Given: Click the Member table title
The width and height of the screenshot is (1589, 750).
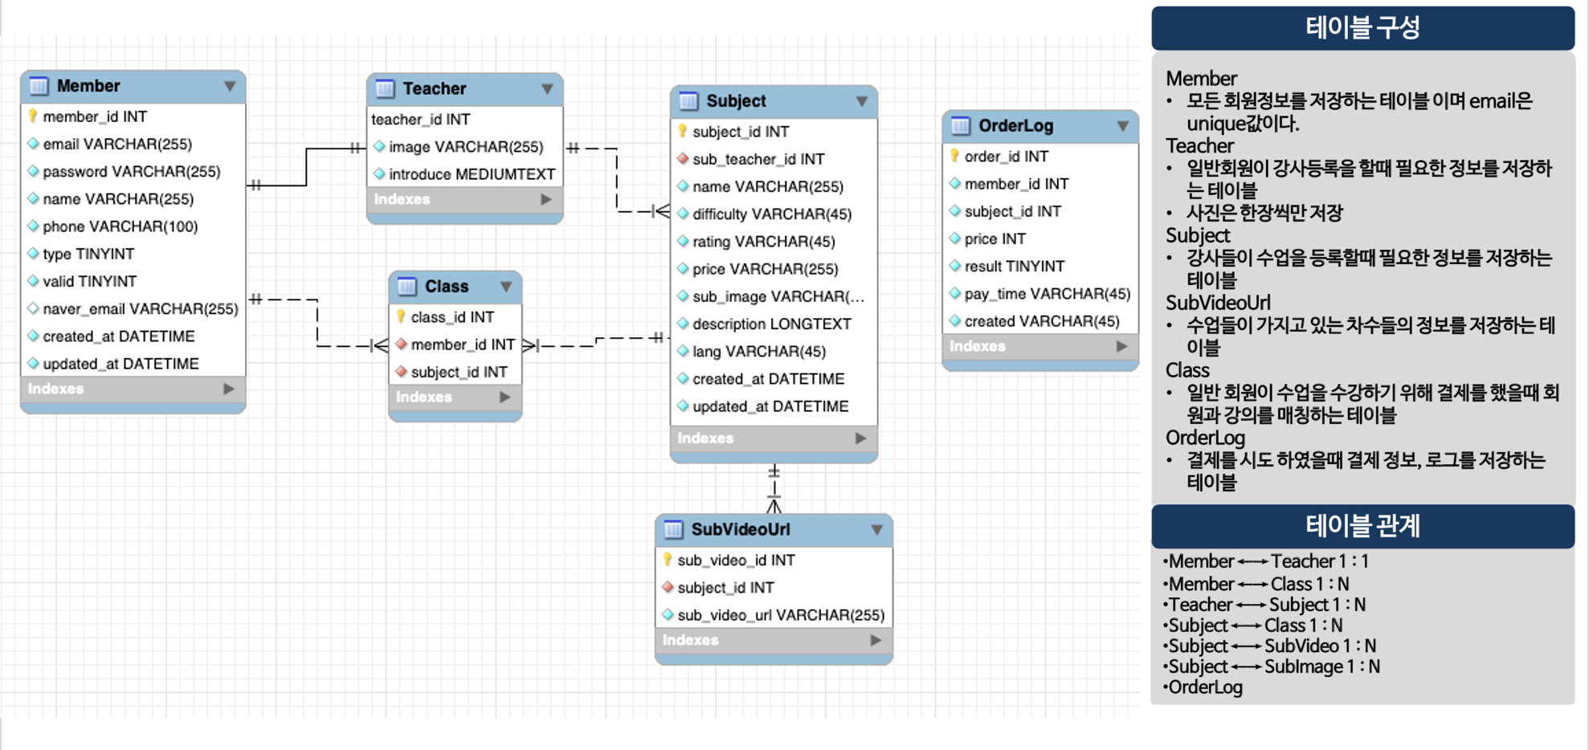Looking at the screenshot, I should [88, 86].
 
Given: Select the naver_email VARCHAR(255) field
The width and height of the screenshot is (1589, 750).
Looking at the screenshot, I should [140, 309].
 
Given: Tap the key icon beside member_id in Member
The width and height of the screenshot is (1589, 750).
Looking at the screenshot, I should [33, 116].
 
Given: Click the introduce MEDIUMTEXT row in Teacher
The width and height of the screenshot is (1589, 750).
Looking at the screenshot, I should [472, 174].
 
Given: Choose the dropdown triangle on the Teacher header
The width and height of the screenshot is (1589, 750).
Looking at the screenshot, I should [547, 89].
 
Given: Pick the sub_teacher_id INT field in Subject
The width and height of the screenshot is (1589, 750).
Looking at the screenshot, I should [758, 160].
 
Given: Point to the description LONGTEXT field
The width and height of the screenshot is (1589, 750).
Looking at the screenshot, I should [771, 324].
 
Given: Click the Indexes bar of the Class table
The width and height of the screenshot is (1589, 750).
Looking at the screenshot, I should [455, 397].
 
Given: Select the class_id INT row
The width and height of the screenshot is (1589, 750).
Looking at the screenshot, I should [452, 317].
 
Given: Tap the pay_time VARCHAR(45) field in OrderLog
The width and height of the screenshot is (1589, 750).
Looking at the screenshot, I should [1047, 294].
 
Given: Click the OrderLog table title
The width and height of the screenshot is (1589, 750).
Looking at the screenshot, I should [1015, 126].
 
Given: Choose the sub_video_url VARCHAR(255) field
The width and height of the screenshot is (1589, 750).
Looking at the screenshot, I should [780, 616].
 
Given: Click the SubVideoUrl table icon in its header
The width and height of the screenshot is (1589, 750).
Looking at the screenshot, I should [673, 530].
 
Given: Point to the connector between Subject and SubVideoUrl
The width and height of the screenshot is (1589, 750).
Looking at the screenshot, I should [774, 488].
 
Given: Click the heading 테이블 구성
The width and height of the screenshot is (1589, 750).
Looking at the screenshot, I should [1362, 28].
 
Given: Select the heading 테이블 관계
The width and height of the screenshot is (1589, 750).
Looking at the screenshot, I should [1362, 527].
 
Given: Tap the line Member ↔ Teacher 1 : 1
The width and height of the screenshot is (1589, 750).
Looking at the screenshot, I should [1268, 562].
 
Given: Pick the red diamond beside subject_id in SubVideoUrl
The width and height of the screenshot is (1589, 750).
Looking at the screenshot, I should [668, 588].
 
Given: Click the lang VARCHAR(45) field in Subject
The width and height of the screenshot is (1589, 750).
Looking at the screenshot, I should [758, 352].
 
